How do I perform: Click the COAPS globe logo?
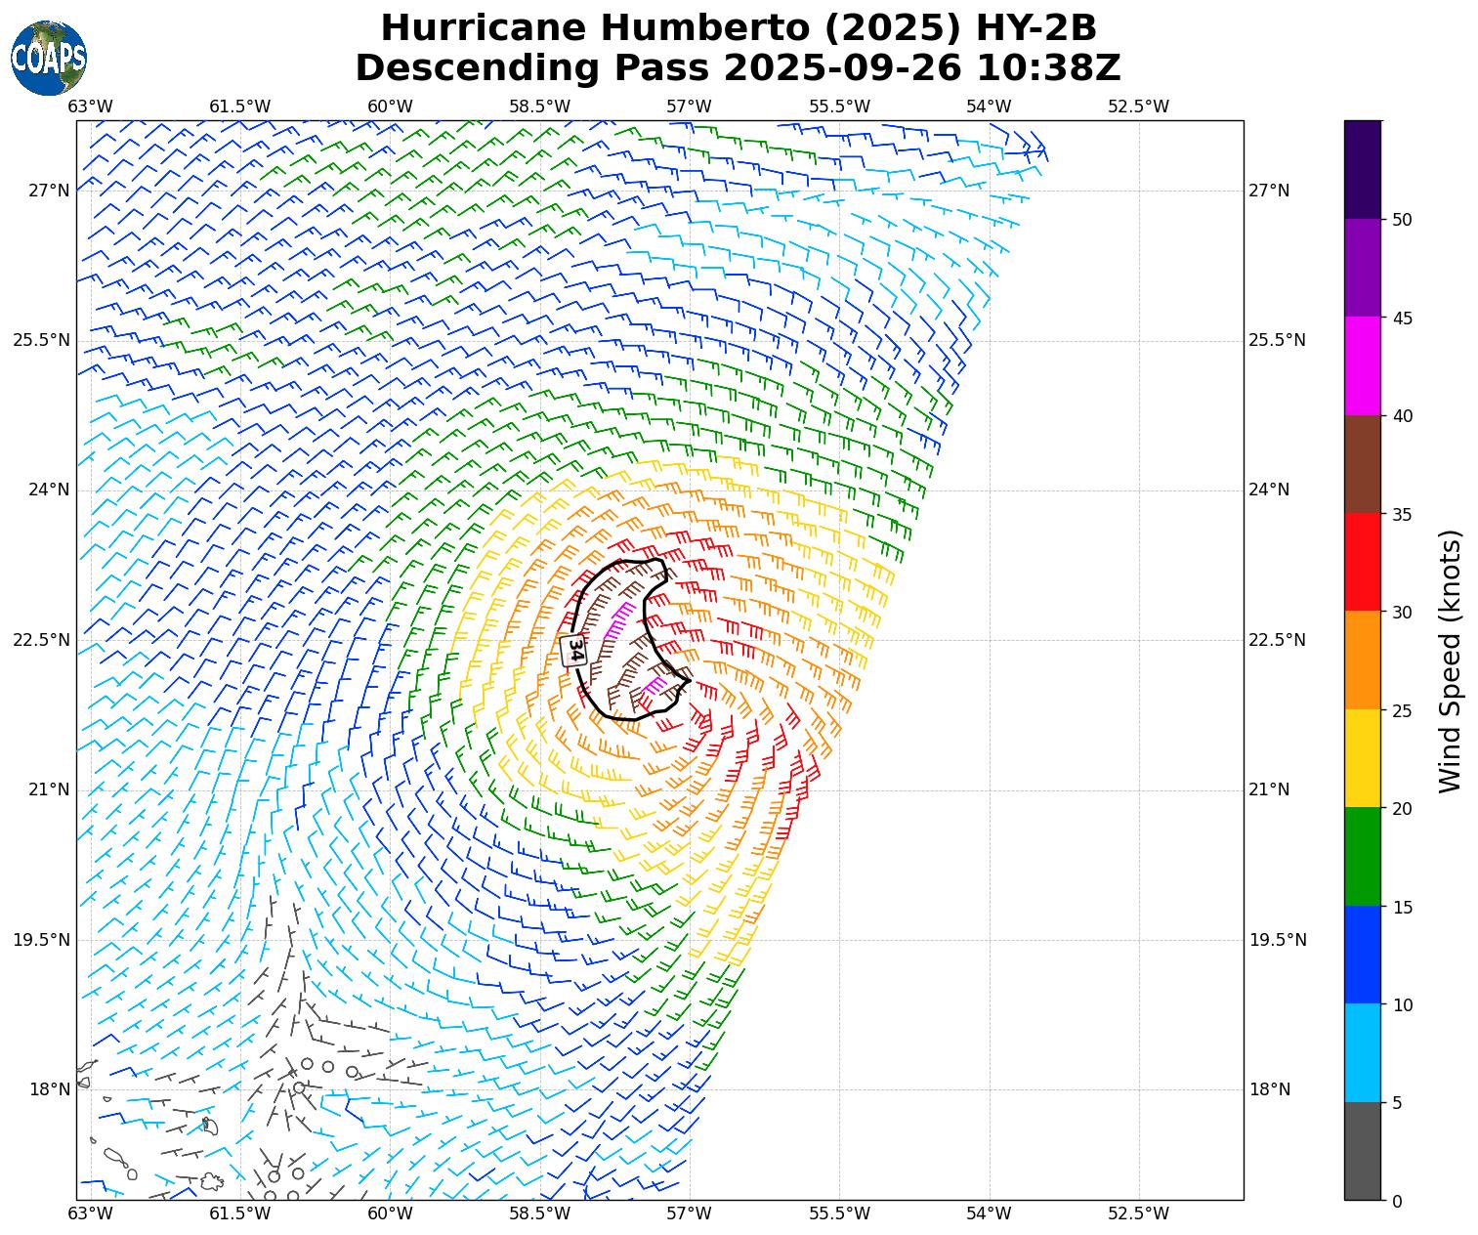click(x=49, y=57)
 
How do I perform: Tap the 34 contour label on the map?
click(x=574, y=650)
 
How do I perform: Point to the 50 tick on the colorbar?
click(x=1402, y=220)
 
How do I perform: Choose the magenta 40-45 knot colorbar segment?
click(x=1363, y=366)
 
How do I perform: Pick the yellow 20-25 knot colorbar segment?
click(x=1363, y=758)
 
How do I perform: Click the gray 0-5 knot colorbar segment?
click(x=1363, y=1151)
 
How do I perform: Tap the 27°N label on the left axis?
click(x=49, y=191)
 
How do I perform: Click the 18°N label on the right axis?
click(x=1270, y=1089)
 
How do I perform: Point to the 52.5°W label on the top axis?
click(x=1138, y=106)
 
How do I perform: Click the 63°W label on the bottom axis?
click(x=90, y=1214)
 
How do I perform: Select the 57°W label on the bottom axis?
click(x=689, y=1214)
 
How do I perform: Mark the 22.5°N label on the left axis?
click(x=42, y=640)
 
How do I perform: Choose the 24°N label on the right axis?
click(x=1270, y=490)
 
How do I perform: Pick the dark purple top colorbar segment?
click(x=1363, y=169)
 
